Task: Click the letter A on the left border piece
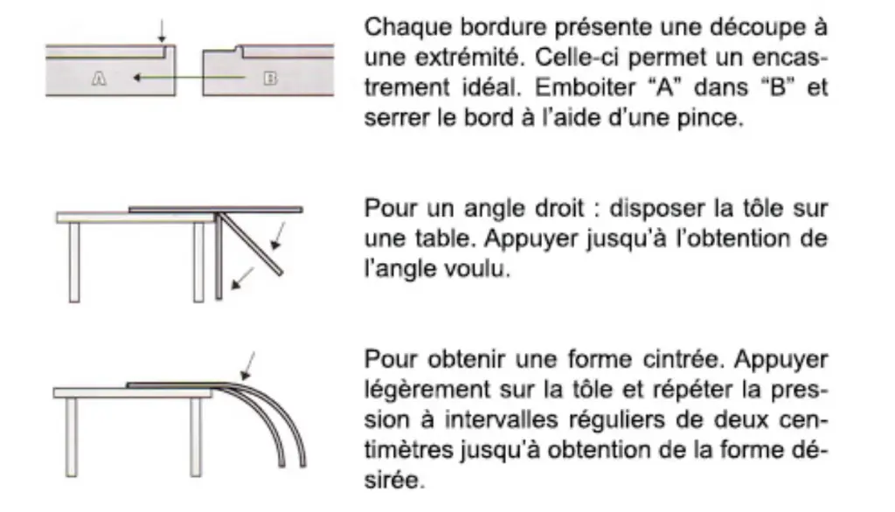(x=99, y=79)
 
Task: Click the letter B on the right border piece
(x=270, y=79)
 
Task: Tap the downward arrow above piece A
(x=162, y=31)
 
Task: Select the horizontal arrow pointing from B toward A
(x=189, y=77)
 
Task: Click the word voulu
(x=482, y=269)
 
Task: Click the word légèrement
(x=427, y=391)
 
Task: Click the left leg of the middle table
(x=74, y=262)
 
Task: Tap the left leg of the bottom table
(x=72, y=437)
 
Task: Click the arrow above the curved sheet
(x=247, y=366)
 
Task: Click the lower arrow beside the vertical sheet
(x=243, y=278)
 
